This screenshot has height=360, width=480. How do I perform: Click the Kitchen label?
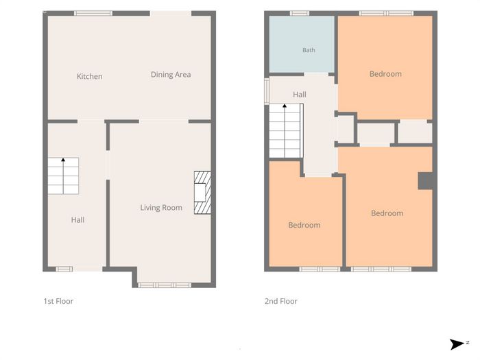click(x=89, y=76)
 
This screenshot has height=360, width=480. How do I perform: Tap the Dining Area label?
click(x=171, y=75)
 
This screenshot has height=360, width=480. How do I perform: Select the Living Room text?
click(x=161, y=208)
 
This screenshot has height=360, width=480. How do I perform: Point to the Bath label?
click(x=309, y=50)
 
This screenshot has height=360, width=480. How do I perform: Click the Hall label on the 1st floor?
click(x=77, y=220)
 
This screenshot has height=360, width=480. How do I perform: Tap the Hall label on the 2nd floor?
click(x=300, y=95)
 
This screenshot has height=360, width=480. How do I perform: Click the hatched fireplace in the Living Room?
click(x=202, y=193)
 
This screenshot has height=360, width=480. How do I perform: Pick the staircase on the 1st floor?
click(x=63, y=176)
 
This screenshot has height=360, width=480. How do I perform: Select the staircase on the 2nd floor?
click(x=286, y=131)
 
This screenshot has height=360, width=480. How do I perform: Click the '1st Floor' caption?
click(x=58, y=301)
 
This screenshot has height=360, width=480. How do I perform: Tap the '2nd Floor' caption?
click(x=281, y=301)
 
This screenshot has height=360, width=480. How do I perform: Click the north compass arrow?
click(x=457, y=344)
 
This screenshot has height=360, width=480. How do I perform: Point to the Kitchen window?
click(x=93, y=13)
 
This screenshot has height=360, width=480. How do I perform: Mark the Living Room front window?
click(x=165, y=285)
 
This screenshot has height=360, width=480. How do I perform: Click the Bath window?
click(x=300, y=13)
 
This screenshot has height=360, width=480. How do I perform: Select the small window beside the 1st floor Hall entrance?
click(x=64, y=269)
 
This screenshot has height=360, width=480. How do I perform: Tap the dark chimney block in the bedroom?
click(x=426, y=181)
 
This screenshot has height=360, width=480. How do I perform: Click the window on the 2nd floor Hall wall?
click(x=267, y=91)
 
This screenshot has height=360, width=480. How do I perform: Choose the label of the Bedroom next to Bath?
click(x=385, y=74)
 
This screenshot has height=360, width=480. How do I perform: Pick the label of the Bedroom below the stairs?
click(x=304, y=226)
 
